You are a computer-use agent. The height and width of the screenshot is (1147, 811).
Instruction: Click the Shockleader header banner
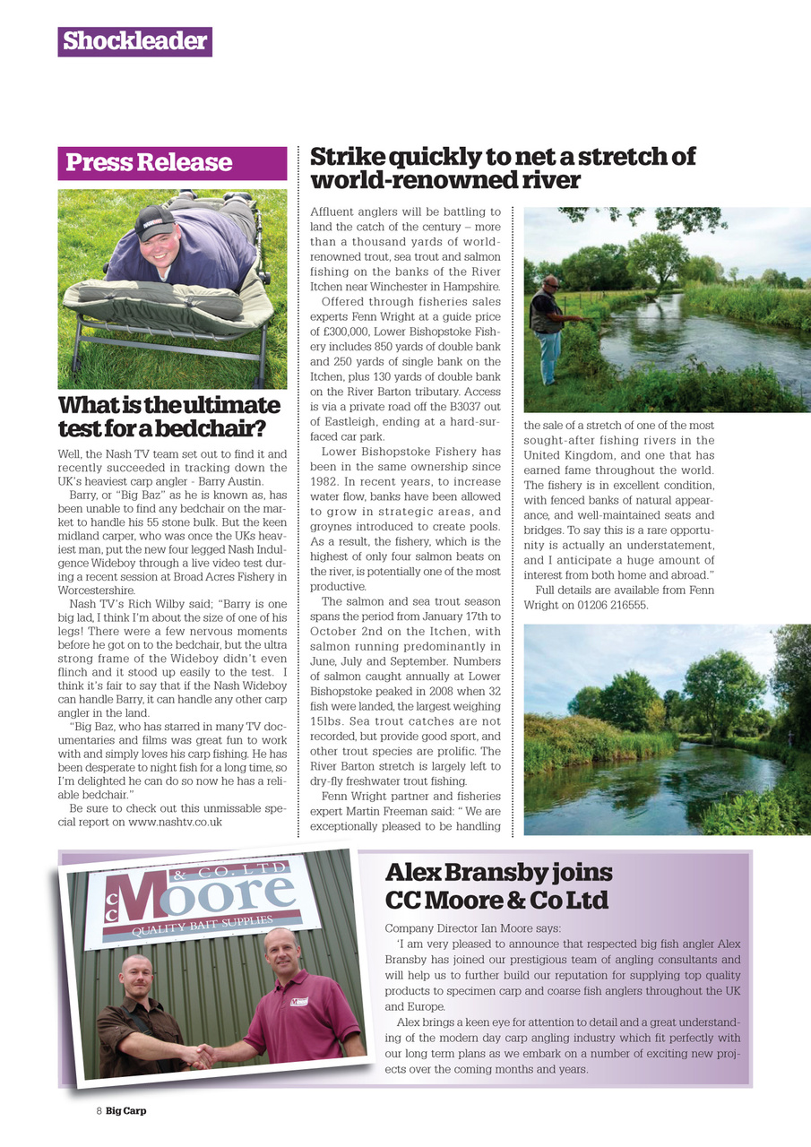(134, 41)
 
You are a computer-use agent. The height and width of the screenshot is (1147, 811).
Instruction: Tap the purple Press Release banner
(172, 163)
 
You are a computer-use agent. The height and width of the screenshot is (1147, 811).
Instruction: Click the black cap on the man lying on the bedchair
(154, 222)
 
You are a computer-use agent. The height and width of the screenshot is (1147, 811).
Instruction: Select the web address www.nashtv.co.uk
(175, 821)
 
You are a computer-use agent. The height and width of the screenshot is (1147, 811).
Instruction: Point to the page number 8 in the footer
(99, 1110)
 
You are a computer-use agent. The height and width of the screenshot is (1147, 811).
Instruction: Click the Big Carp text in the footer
(126, 1110)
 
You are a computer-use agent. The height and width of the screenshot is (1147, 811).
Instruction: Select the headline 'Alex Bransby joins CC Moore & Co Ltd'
(498, 885)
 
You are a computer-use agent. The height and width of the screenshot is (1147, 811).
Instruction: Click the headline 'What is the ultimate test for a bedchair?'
(169, 416)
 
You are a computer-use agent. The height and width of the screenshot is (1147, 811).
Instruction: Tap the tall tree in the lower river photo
(722, 691)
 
